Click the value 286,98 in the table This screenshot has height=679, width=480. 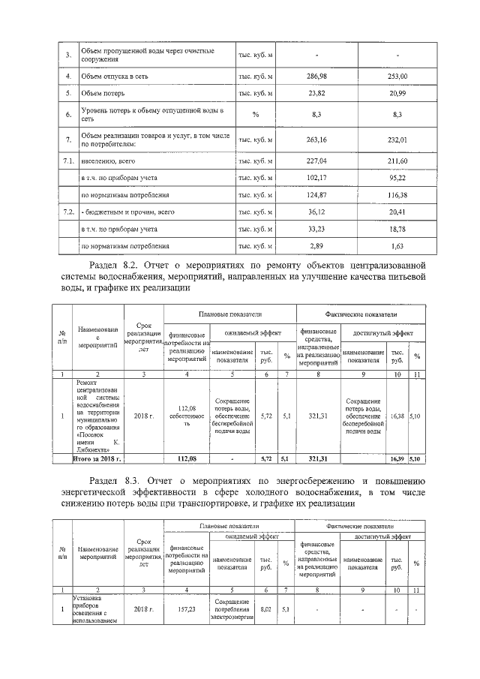(318, 77)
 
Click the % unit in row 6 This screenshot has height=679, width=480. (255, 114)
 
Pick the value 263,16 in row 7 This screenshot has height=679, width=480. (318, 139)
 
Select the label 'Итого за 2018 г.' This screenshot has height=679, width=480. (97, 457)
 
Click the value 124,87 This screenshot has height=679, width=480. (318, 195)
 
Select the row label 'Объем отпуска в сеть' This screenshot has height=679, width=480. (116, 77)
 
